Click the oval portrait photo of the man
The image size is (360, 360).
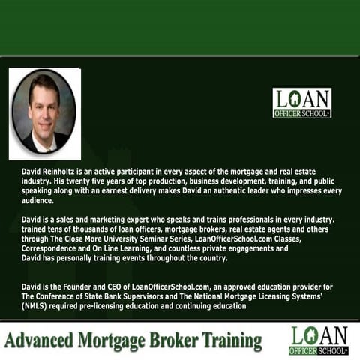44,112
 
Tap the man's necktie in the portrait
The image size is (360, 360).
48,149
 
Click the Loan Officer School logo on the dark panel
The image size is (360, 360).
302,103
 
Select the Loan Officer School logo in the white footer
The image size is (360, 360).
319,340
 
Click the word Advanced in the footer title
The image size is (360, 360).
39,340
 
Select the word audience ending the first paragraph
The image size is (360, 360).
37,200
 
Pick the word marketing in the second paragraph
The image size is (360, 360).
107,220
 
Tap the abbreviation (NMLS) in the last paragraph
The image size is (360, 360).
34,306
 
